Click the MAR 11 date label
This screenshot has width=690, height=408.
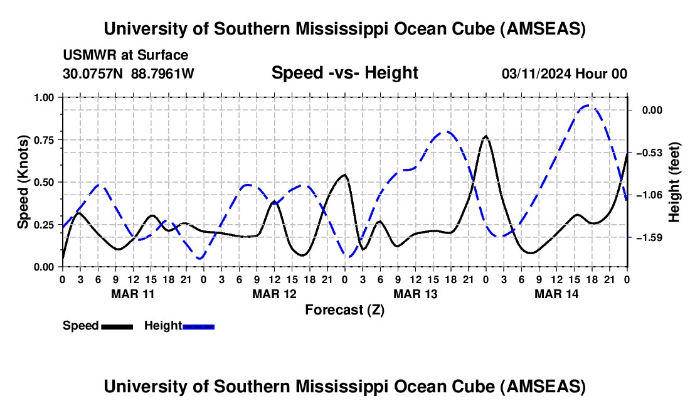132,293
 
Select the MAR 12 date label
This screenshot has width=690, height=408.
273,293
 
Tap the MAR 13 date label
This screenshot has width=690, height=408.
415,293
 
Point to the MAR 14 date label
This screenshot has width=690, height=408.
556,293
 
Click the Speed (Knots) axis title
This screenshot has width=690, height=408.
23,182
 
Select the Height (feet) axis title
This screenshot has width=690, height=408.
675,182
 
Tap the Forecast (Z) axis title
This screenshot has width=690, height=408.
344,309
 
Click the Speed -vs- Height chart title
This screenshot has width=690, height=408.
344,73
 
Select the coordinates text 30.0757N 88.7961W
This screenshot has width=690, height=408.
129,73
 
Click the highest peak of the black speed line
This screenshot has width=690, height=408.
486,136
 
